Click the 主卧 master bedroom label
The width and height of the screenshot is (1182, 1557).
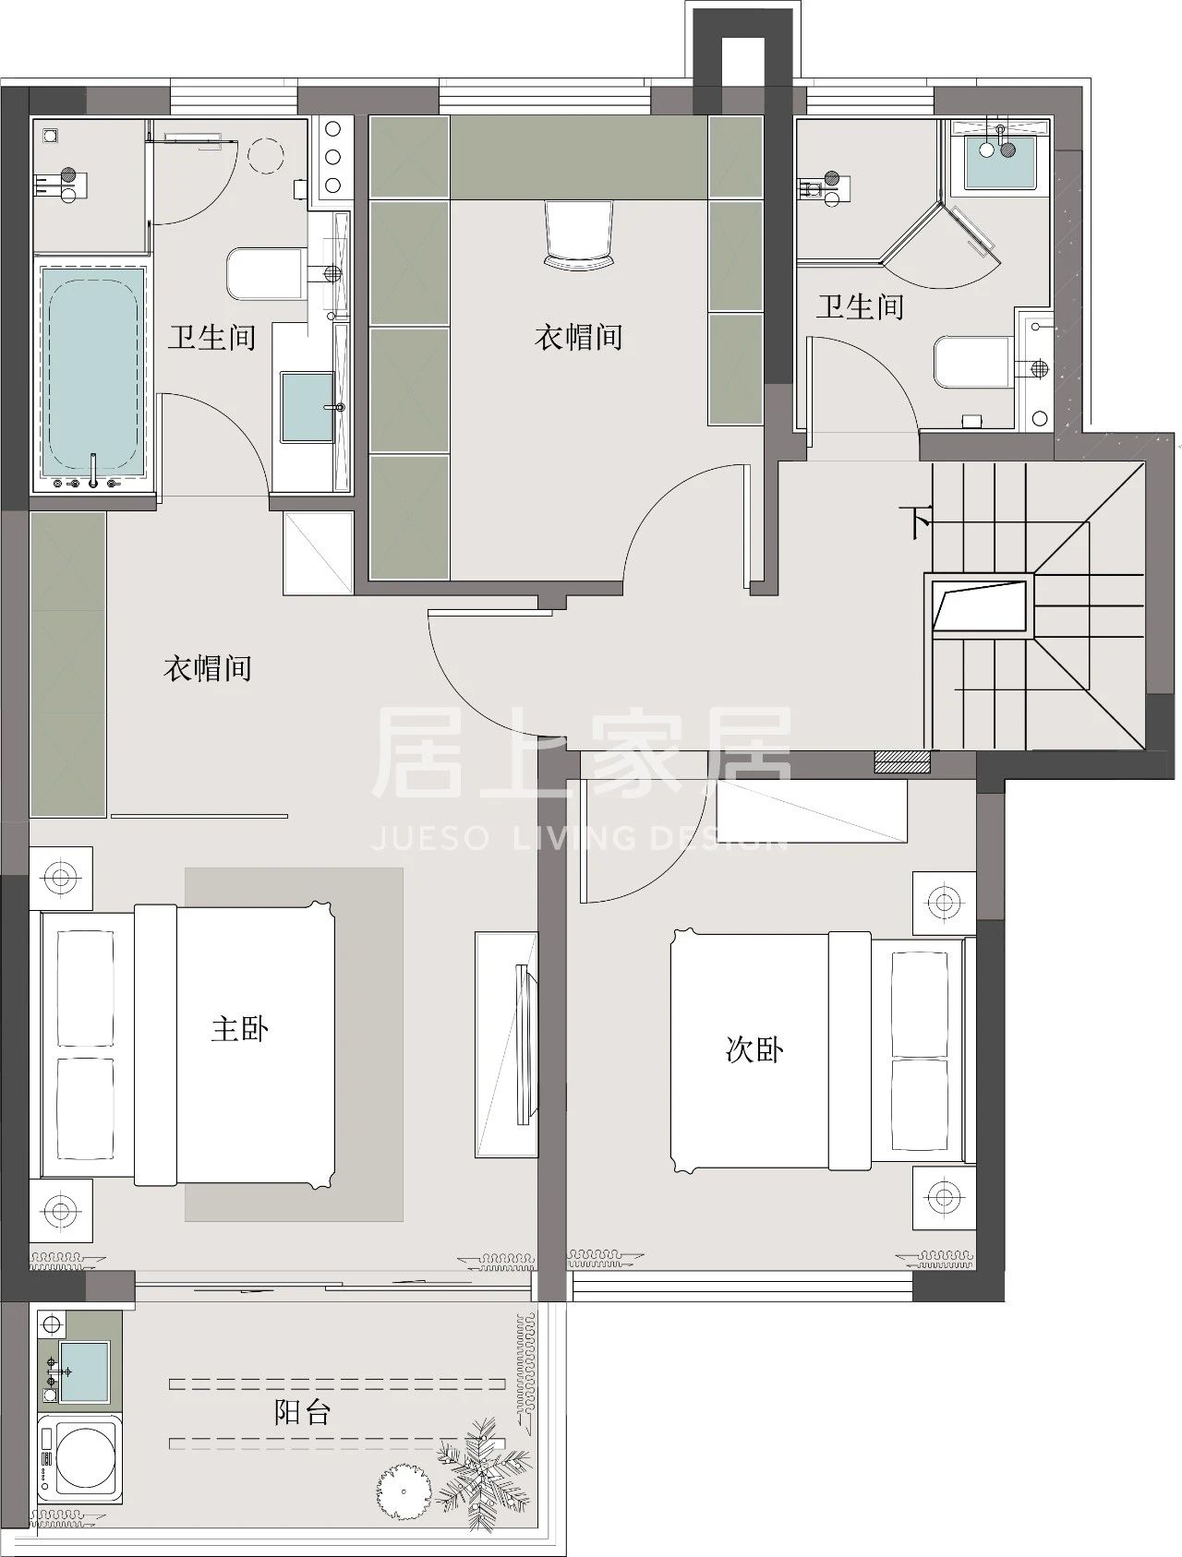tap(239, 1028)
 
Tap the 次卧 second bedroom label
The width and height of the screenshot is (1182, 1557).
tap(754, 1049)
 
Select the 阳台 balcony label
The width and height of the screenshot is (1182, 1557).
tap(302, 1412)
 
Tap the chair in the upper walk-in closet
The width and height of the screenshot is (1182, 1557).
tap(580, 234)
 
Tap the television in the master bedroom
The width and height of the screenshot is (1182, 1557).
tap(524, 1043)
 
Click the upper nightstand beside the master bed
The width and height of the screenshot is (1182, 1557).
tap(61, 878)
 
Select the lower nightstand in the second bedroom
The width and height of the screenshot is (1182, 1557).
tap(943, 1198)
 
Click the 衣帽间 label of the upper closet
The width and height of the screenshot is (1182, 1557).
tap(578, 337)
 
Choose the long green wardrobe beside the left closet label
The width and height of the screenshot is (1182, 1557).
tap(67, 665)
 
